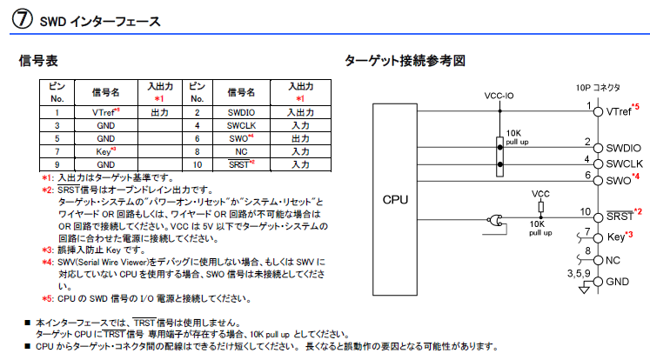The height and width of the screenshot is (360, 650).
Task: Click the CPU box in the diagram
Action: (x=395, y=198)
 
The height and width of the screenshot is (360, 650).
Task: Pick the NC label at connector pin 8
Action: (x=612, y=260)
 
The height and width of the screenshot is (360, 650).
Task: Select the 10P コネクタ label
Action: (x=598, y=87)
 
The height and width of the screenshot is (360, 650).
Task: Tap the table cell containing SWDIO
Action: (x=241, y=113)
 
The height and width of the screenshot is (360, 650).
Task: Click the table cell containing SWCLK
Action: (x=241, y=125)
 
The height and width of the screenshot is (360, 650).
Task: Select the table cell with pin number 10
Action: (x=197, y=163)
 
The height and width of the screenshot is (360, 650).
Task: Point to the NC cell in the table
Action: (x=241, y=150)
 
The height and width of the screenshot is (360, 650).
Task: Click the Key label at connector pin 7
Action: (x=614, y=237)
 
